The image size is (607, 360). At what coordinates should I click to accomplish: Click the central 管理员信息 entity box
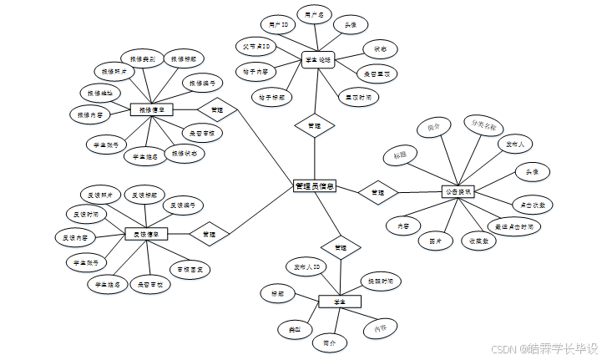pos(315,186)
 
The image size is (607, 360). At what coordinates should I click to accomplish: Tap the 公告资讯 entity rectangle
pos(458,191)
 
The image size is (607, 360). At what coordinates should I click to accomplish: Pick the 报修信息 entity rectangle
pos(151,109)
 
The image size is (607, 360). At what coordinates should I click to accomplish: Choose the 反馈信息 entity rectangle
pos(147,234)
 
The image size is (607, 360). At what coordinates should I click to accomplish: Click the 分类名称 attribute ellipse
pos(483,126)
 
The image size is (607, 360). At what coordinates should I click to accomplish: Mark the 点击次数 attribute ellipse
pos(533,204)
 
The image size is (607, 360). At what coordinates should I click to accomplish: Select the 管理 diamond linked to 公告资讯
pos(377,191)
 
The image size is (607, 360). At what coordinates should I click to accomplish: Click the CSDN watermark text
pos(543,348)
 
